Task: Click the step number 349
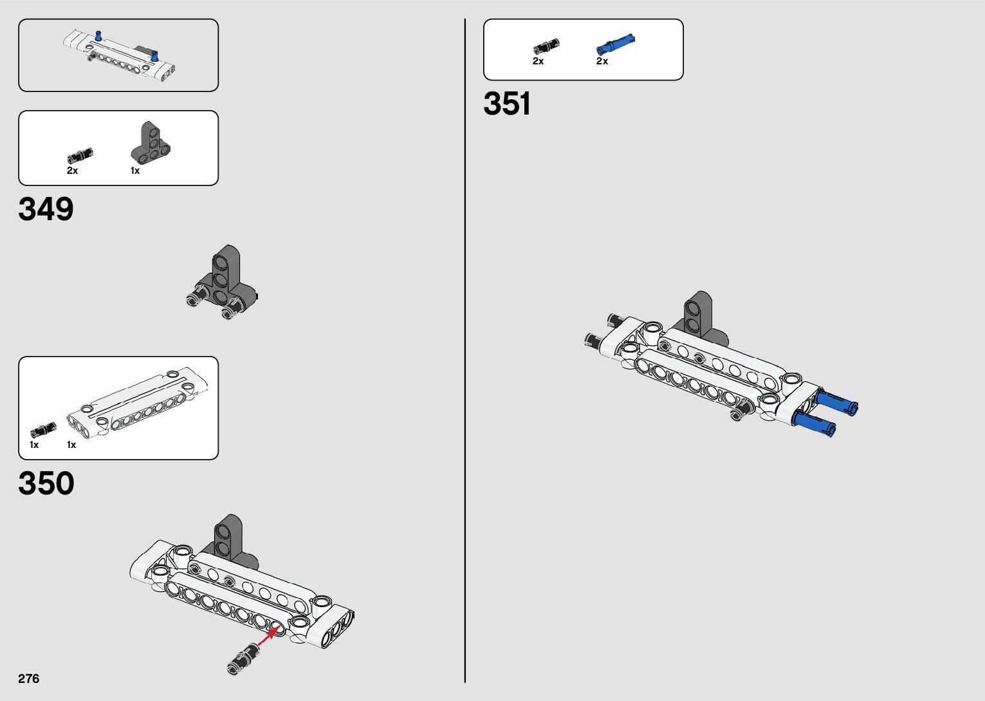pyautogui.click(x=46, y=209)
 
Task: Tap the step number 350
pyautogui.click(x=46, y=483)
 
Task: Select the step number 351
pyautogui.click(x=507, y=104)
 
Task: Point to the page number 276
pyautogui.click(x=29, y=678)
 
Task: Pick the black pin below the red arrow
pyautogui.click(x=244, y=659)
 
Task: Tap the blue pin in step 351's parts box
pyautogui.click(x=615, y=44)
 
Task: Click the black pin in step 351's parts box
pyautogui.click(x=546, y=46)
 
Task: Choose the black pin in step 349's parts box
pyautogui.click(x=80, y=156)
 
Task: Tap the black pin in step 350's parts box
pyautogui.click(x=43, y=429)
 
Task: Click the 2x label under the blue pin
pyautogui.click(x=602, y=61)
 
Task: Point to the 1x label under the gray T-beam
pyautogui.click(x=135, y=171)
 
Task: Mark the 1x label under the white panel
pyautogui.click(x=71, y=445)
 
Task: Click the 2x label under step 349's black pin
pyautogui.click(x=72, y=171)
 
